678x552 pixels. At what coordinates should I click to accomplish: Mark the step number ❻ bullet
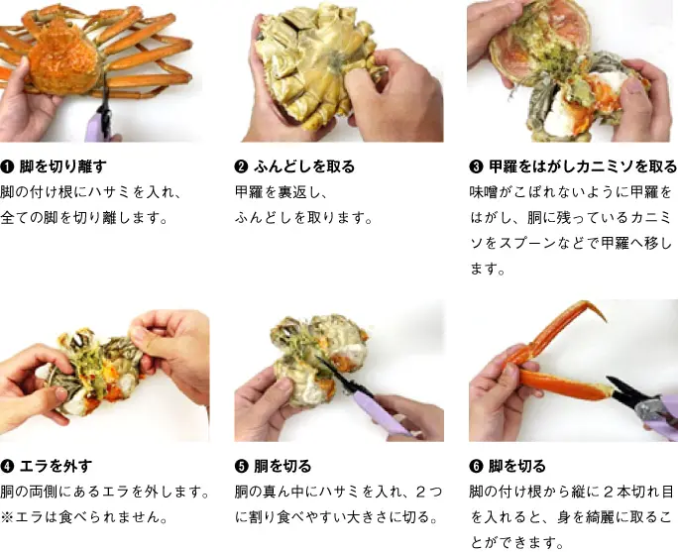pos(476,466)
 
